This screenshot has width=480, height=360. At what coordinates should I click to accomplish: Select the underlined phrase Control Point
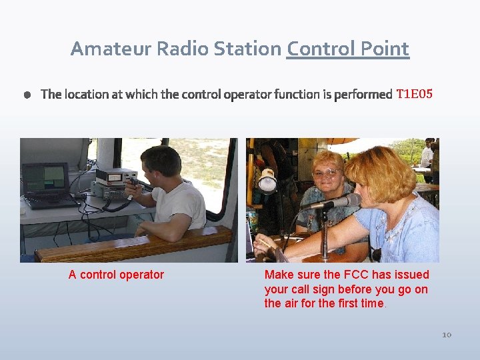click(347, 49)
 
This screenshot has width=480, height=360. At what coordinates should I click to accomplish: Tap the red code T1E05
click(414, 94)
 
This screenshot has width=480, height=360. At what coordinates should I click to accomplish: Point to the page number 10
click(446, 334)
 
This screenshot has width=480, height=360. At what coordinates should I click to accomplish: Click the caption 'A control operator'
click(116, 275)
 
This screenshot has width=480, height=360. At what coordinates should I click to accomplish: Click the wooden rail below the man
click(133, 245)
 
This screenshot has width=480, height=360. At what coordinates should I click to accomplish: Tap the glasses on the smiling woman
click(326, 173)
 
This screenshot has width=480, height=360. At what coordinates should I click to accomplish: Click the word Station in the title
click(250, 49)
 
